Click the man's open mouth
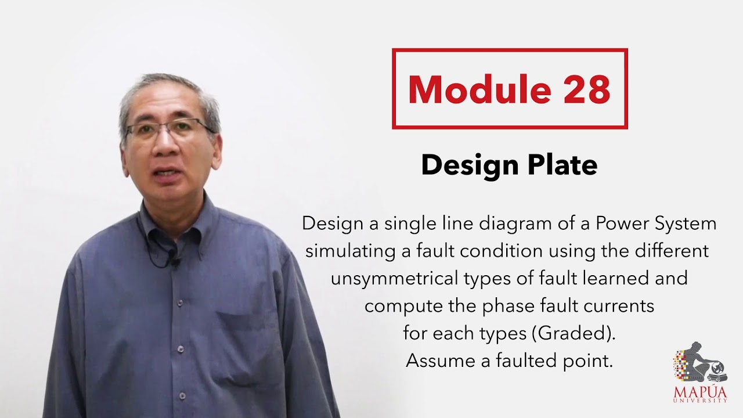[167, 172]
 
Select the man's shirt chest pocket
[244, 337]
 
